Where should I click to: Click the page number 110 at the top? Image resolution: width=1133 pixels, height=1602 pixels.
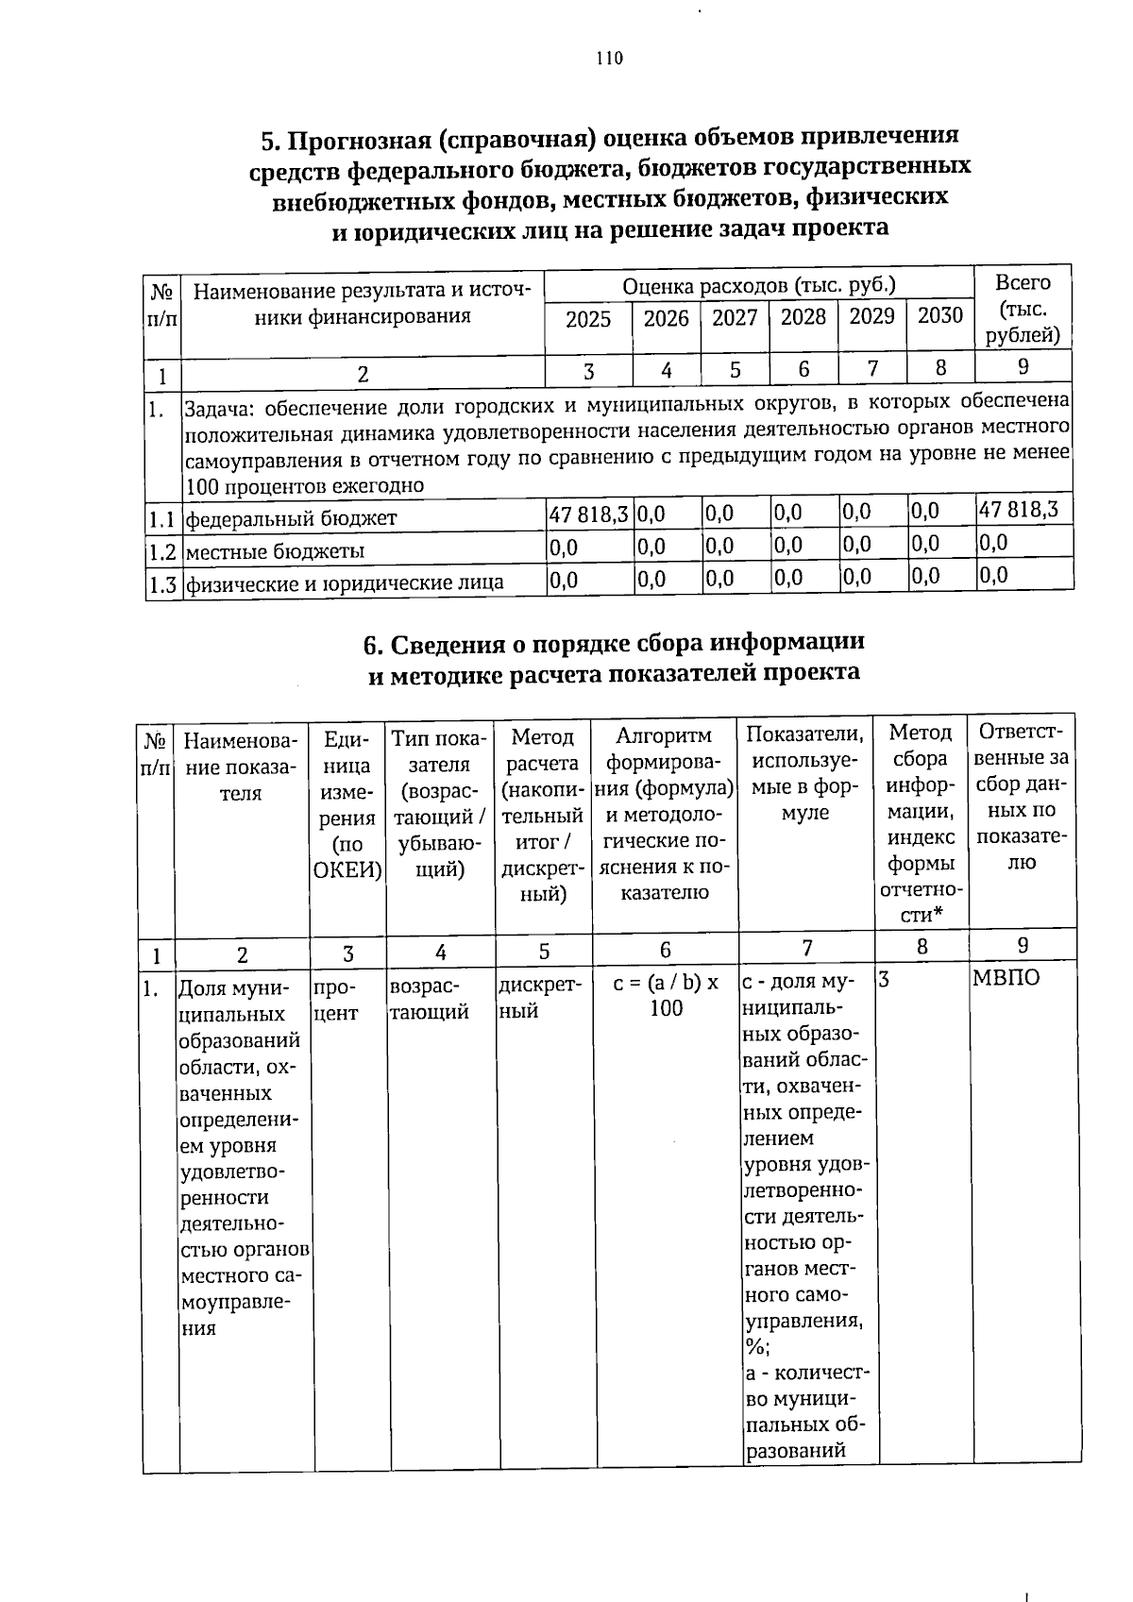[x=609, y=59]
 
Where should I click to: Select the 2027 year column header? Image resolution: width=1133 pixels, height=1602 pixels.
[x=734, y=317]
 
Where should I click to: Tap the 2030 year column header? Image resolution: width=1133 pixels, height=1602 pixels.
[x=939, y=315]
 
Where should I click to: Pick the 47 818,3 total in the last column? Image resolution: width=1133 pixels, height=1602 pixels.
[x=1019, y=510]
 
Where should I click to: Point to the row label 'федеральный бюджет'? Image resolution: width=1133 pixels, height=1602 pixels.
[x=291, y=518]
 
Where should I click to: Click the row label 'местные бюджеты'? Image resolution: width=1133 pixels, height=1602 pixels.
[x=275, y=550]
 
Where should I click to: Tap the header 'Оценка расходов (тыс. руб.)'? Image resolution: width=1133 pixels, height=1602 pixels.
[x=758, y=285]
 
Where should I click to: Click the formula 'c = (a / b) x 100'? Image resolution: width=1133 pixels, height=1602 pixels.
[x=666, y=995]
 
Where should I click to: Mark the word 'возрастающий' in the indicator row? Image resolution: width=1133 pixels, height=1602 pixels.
[x=430, y=998]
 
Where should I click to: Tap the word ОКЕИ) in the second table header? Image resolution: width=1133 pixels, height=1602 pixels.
[x=347, y=870]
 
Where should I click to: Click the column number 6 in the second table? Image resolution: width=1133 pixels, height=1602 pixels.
[x=666, y=950]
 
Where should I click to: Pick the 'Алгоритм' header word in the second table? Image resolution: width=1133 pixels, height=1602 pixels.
[x=664, y=735]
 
